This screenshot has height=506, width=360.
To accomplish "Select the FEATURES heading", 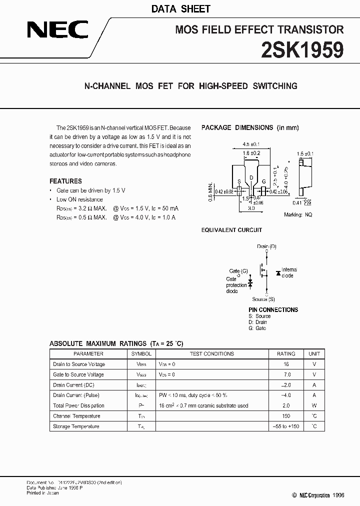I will tap(65, 181).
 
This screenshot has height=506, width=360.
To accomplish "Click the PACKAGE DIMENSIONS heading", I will tap(250, 127).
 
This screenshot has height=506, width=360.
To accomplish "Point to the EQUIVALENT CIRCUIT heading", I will tap(231, 230).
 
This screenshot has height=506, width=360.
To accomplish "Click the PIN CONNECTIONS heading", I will tap(273, 309).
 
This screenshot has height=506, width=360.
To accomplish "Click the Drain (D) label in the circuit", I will tap(266, 246).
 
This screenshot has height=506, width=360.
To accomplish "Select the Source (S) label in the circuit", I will tap(263, 299).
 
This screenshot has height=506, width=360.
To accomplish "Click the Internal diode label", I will tap(288, 272).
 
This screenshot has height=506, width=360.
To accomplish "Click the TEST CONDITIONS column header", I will tap(211, 353).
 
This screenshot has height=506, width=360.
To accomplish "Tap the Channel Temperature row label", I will tap(76, 416).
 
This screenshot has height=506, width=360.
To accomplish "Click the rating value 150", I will tap(286, 416).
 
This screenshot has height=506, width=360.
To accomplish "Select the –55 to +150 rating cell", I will tap(286, 426).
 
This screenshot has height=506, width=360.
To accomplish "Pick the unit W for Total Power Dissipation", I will tap(314, 405).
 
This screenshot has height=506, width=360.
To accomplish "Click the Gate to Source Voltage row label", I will tap(78, 374).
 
